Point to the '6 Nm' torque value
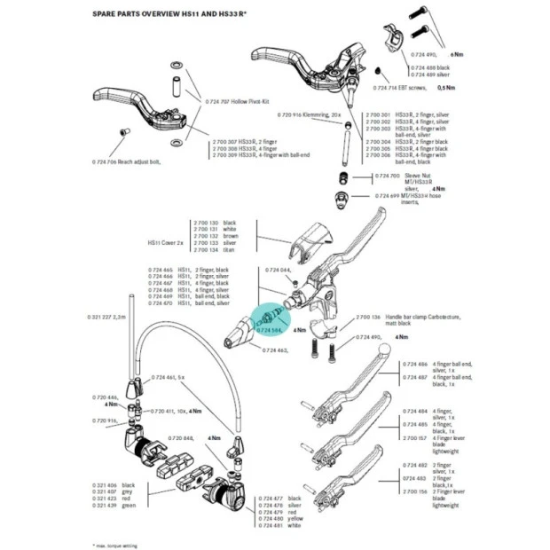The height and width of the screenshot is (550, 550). pos(457,55)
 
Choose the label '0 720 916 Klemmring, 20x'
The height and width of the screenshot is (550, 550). pos(310,115)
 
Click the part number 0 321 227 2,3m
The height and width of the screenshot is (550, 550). pos(107,317)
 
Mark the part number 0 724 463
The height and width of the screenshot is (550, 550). pos(275,351)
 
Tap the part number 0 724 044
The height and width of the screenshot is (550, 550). pos(279,269)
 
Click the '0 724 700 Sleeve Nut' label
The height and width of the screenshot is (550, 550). pos(400,176)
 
